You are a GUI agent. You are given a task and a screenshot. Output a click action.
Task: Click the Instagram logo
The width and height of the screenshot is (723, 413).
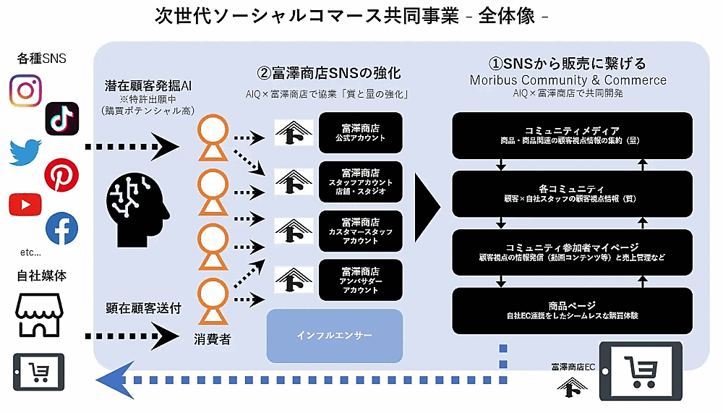[25, 91]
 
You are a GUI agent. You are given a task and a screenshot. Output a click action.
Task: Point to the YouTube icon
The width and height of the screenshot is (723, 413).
[25, 205]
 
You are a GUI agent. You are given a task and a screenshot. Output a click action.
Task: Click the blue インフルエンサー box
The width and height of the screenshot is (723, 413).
[334, 336]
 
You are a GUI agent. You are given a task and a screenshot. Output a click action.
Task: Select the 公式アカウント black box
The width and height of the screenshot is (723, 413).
[360, 132]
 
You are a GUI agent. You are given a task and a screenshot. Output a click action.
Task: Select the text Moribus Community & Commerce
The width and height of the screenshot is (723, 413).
[568, 80]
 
